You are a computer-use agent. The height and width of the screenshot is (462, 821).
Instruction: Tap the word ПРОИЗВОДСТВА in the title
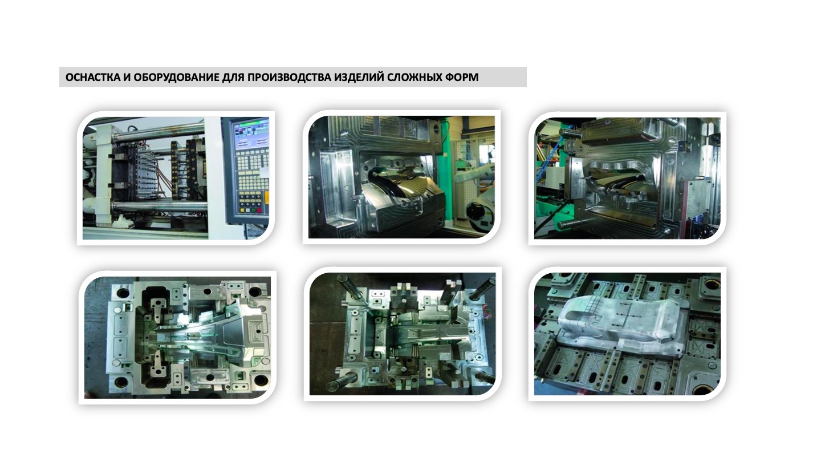289,78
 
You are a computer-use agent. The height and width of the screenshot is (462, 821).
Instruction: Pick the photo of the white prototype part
627,334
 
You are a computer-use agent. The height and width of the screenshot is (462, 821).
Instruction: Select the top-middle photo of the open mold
402,177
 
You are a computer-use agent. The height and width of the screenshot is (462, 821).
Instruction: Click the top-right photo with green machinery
627,178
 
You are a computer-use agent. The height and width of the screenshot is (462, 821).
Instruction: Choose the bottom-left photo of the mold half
177,338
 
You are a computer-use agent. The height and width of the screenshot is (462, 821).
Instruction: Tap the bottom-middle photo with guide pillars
403,334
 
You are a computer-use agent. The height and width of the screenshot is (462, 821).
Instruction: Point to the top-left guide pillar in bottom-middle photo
351,286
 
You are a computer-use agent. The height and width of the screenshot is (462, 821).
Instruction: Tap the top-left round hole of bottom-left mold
123,293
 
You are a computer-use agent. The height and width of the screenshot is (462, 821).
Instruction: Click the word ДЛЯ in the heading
233,78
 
